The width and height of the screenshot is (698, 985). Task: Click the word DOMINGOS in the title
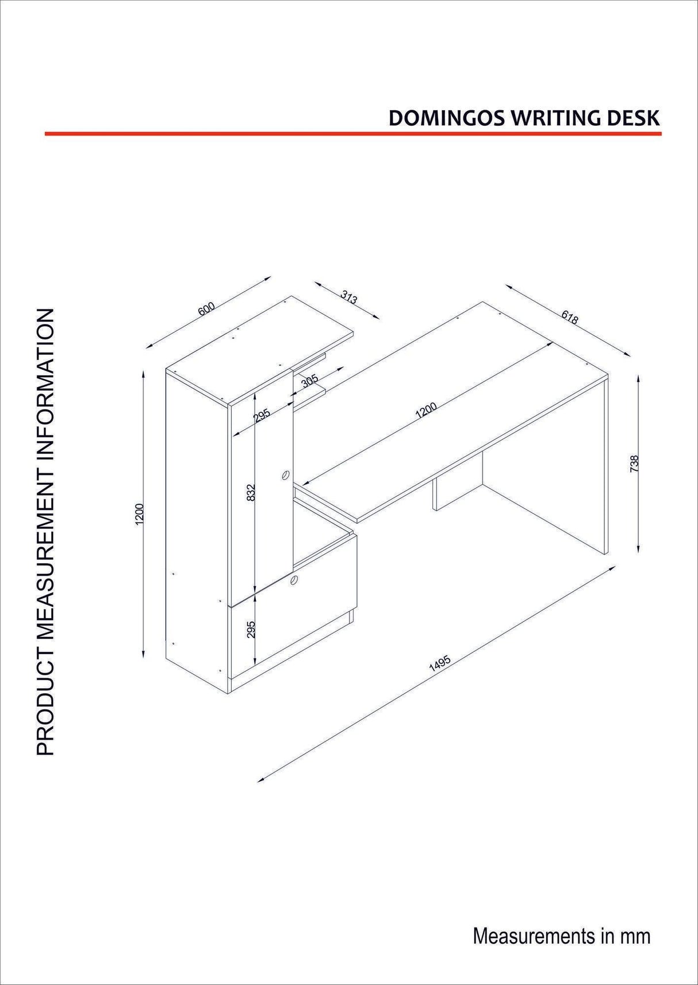click(x=447, y=118)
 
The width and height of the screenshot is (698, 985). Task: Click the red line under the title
click(x=353, y=134)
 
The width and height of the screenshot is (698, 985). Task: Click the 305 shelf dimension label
click(x=310, y=381)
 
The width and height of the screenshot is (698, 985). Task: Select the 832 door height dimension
click(x=251, y=493)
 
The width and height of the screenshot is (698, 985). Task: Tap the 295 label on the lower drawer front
click(x=251, y=629)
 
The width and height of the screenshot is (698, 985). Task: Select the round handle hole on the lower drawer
click(x=294, y=580)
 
